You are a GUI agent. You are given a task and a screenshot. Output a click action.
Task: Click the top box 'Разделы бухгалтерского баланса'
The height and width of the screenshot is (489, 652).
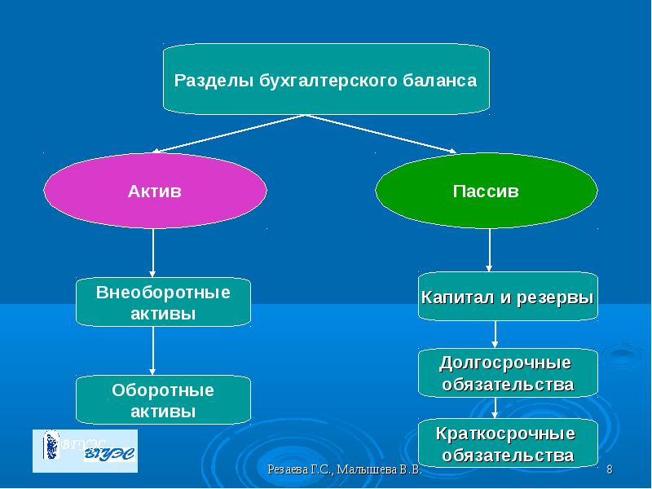click(326, 79)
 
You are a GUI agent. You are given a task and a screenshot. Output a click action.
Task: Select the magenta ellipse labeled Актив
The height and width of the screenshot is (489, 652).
click(155, 192)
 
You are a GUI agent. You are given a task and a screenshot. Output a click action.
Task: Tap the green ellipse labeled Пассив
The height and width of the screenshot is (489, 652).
click(486, 192)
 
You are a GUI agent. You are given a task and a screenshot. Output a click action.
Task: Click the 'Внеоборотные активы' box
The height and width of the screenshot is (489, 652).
click(163, 302)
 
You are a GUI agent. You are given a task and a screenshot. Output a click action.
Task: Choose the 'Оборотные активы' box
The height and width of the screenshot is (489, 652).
click(163, 400)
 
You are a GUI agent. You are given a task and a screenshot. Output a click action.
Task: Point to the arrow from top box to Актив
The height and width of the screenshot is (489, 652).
click(228, 134)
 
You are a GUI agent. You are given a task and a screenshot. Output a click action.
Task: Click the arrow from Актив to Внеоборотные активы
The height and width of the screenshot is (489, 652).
click(153, 253)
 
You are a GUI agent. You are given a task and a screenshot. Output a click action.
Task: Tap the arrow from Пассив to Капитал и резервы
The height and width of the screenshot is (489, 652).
click(490, 249)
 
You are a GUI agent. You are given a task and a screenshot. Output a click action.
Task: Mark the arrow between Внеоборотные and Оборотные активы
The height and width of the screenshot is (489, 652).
click(153, 350)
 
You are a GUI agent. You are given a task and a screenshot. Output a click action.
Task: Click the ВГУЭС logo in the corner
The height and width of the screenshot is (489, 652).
click(85, 451)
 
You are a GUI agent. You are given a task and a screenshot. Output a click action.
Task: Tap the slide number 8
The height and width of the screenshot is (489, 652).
click(609, 471)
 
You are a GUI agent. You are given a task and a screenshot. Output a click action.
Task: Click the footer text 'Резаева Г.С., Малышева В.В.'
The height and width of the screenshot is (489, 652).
click(343, 471)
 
